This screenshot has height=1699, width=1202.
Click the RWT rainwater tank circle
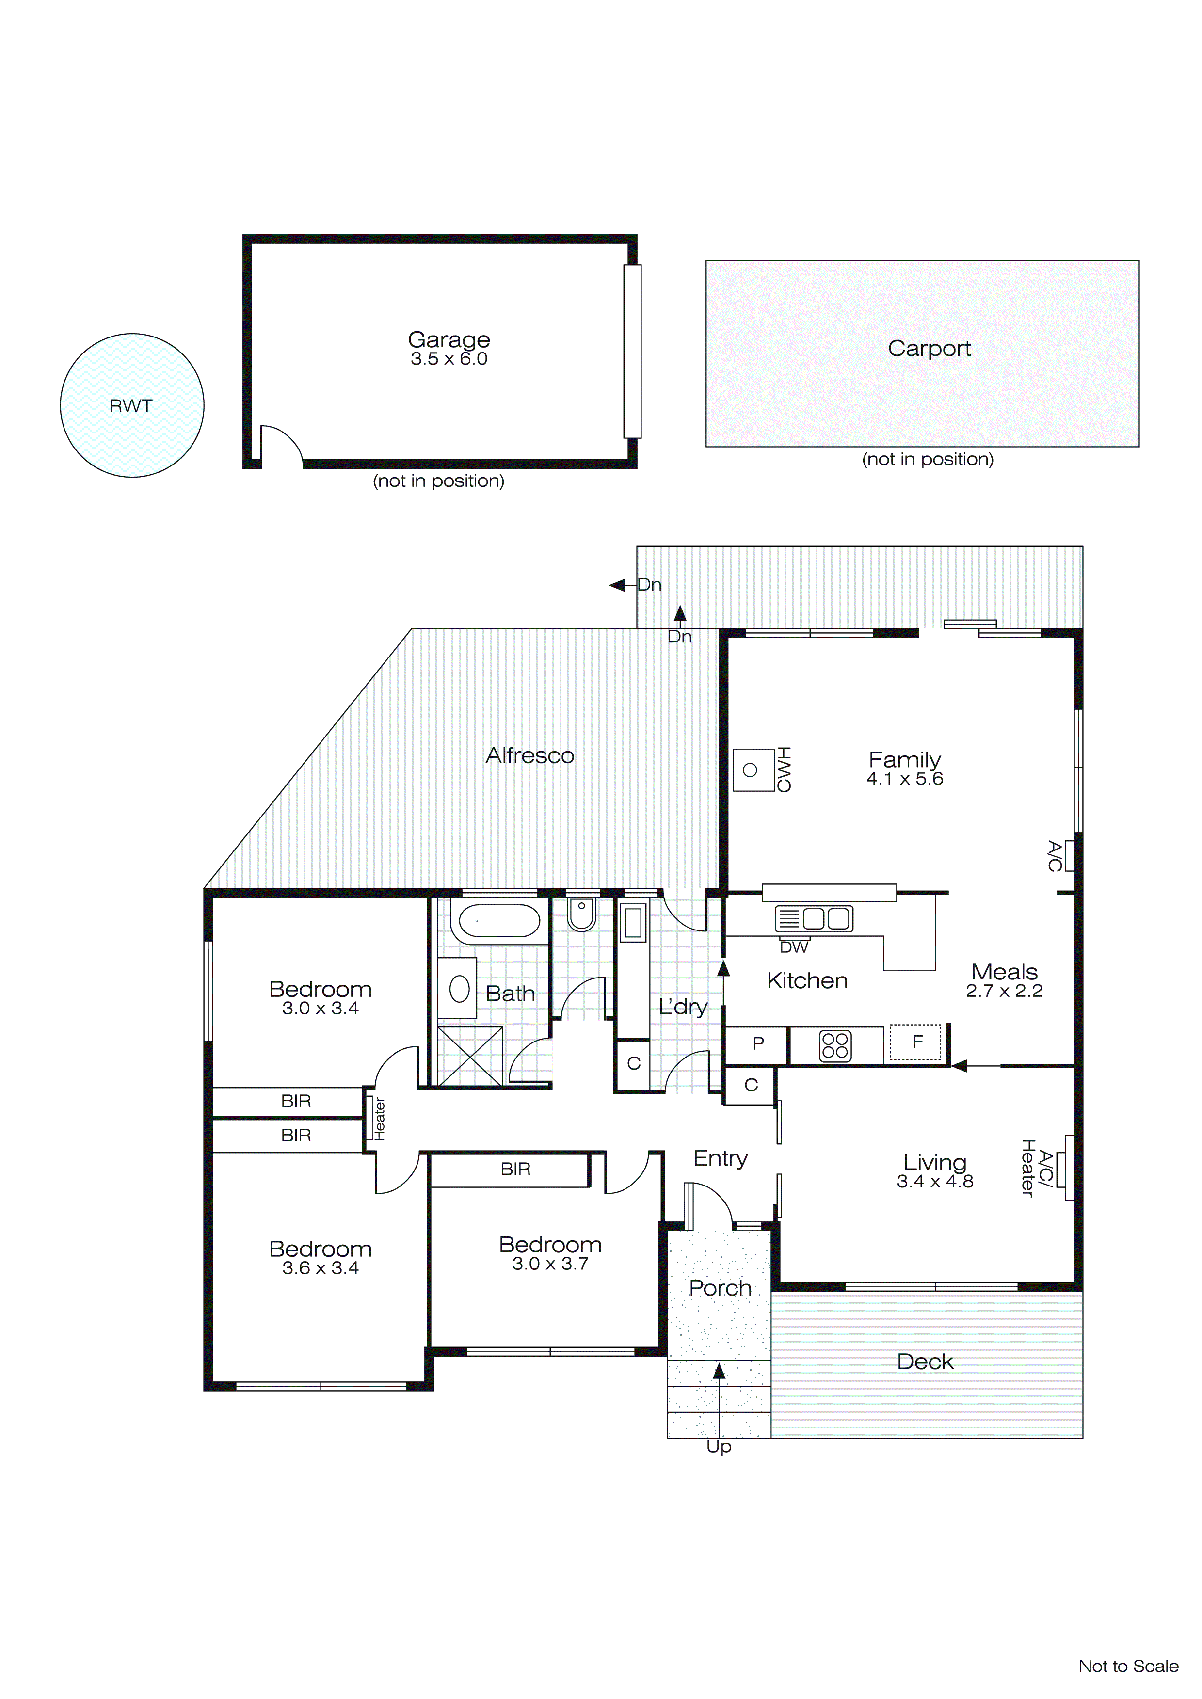(x=132, y=405)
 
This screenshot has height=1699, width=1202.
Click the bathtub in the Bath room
(x=499, y=921)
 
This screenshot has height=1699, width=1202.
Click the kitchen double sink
(x=814, y=918)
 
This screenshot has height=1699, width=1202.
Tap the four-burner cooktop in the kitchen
(x=835, y=1045)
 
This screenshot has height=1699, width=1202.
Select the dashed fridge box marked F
(x=916, y=1042)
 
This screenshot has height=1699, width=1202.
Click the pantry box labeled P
(x=757, y=1043)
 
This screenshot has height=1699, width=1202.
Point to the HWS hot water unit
(x=753, y=770)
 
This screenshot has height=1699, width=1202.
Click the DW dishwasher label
(x=794, y=947)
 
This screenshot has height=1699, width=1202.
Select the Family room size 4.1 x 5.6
(x=904, y=778)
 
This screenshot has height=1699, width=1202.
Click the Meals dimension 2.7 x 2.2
(x=1004, y=991)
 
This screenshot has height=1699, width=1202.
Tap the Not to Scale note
(x=1128, y=1666)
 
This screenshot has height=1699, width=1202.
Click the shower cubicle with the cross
(x=470, y=1056)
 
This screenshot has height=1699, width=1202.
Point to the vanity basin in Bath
(x=459, y=989)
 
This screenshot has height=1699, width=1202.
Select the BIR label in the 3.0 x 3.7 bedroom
(x=515, y=1169)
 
